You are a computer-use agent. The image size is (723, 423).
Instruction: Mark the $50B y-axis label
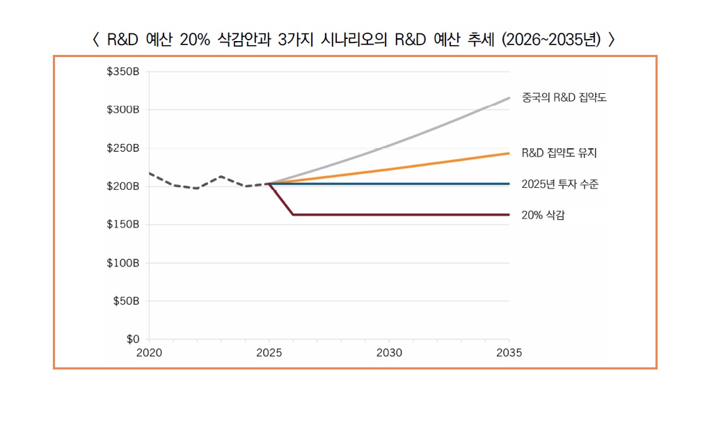click(125, 301)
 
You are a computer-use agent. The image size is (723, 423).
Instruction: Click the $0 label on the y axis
click(132, 340)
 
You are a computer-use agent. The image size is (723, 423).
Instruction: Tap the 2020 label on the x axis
click(149, 353)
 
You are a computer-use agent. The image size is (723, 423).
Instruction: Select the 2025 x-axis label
click(269, 353)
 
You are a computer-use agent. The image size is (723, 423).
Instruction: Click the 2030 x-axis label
click(389, 353)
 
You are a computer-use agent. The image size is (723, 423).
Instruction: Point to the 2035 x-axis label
click(509, 353)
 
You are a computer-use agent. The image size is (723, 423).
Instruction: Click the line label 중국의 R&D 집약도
click(564, 98)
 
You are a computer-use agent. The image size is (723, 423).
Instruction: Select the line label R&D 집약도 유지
click(559, 152)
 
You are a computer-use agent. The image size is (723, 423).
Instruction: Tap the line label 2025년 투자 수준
click(559, 184)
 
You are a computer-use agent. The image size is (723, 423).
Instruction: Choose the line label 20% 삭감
click(543, 215)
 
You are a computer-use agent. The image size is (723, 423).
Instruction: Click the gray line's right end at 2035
click(509, 98)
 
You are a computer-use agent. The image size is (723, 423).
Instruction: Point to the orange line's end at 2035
click(509, 153)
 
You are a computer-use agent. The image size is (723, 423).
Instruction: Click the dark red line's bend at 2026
click(293, 214)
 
